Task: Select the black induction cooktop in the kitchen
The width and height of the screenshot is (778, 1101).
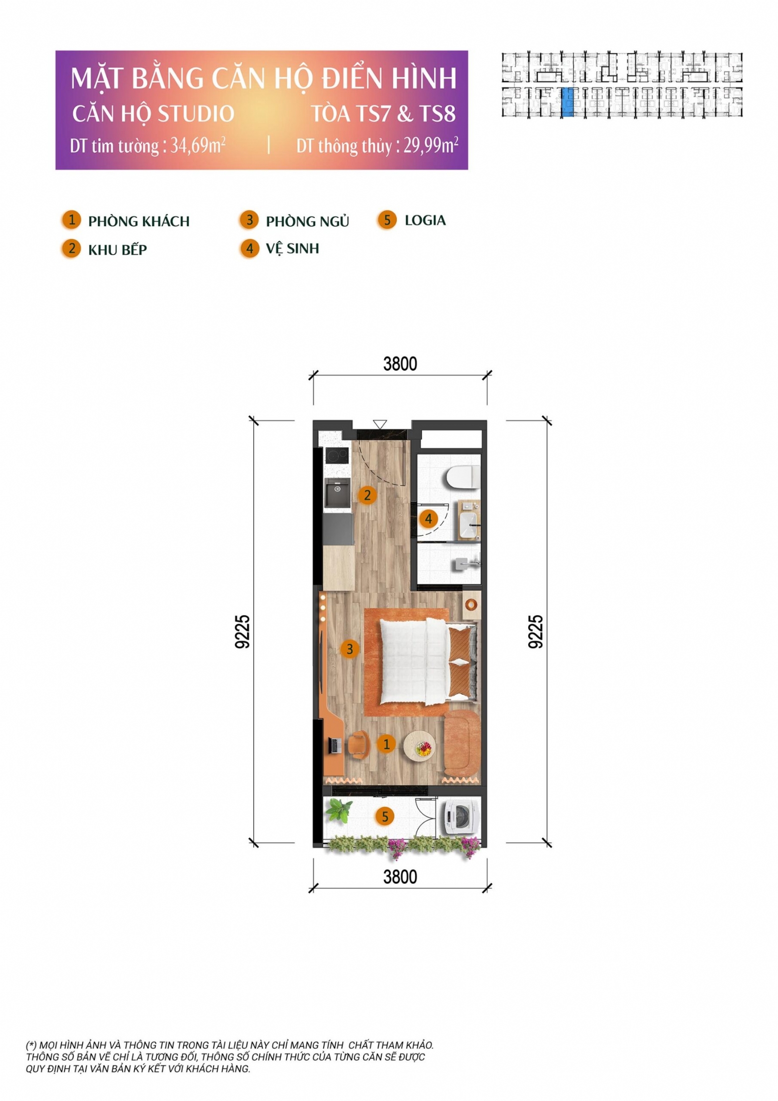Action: click(x=337, y=456)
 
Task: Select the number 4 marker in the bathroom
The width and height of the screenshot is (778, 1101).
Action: click(x=428, y=519)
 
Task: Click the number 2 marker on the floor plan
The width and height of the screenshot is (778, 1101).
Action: click(x=367, y=495)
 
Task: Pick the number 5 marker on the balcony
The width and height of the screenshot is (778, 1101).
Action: click(x=385, y=817)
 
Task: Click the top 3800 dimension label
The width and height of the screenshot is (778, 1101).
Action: click(x=400, y=364)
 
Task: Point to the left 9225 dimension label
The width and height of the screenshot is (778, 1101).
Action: click(x=242, y=632)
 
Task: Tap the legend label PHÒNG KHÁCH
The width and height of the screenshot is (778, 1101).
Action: click(x=139, y=221)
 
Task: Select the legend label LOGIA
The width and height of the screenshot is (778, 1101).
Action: click(x=425, y=220)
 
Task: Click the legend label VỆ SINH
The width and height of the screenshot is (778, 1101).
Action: click(x=292, y=248)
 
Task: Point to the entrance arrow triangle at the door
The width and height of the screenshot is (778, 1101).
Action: click(x=380, y=424)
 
